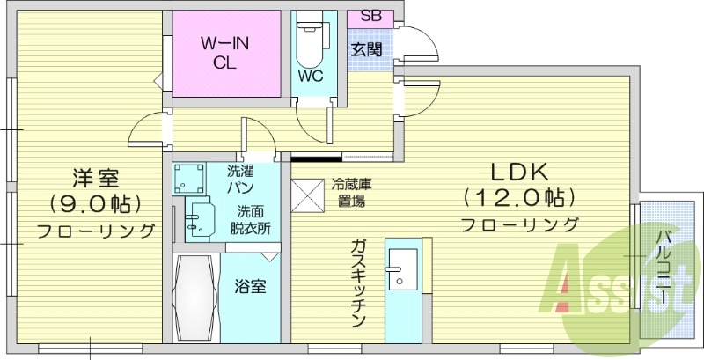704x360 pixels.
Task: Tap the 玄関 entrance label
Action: [x=367, y=49]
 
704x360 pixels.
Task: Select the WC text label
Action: [x=310, y=76]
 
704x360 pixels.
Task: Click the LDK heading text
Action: [x=519, y=170]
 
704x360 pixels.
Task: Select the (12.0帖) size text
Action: [x=519, y=195]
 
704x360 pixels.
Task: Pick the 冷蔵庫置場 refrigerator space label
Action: [x=349, y=192]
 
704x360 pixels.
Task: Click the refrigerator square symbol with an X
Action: [x=307, y=195]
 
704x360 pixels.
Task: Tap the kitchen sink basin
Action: [x=404, y=268]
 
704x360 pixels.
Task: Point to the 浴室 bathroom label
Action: [x=250, y=286]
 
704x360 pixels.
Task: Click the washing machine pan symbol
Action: [x=188, y=179]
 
